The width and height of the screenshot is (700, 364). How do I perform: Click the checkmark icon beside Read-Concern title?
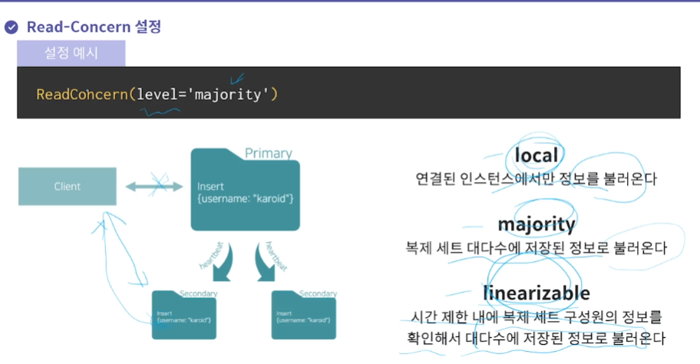[x=12, y=28]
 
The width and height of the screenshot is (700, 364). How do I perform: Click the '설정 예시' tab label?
[x=71, y=53]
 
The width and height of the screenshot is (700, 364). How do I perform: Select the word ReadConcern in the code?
[x=81, y=94]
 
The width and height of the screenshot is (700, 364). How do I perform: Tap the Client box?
[x=68, y=186]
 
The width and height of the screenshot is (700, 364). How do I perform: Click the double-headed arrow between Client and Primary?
[x=154, y=186]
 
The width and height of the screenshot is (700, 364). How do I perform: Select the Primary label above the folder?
[x=269, y=154]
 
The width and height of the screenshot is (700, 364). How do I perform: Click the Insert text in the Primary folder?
[x=210, y=187]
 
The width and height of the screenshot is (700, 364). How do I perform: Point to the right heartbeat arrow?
[x=271, y=266]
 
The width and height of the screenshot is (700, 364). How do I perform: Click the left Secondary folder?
[x=184, y=316]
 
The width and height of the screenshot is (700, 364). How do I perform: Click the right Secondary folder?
[x=304, y=316]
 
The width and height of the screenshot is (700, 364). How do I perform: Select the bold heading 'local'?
[x=537, y=156]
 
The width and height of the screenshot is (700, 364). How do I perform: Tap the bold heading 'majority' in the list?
[x=537, y=224]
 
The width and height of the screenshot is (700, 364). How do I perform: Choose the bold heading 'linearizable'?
[x=537, y=293]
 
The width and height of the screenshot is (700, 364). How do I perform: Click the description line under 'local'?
[x=537, y=179]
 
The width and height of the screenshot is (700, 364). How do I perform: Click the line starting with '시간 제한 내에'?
[x=537, y=316]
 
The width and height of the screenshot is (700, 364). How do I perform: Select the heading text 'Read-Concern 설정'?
[x=94, y=27]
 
